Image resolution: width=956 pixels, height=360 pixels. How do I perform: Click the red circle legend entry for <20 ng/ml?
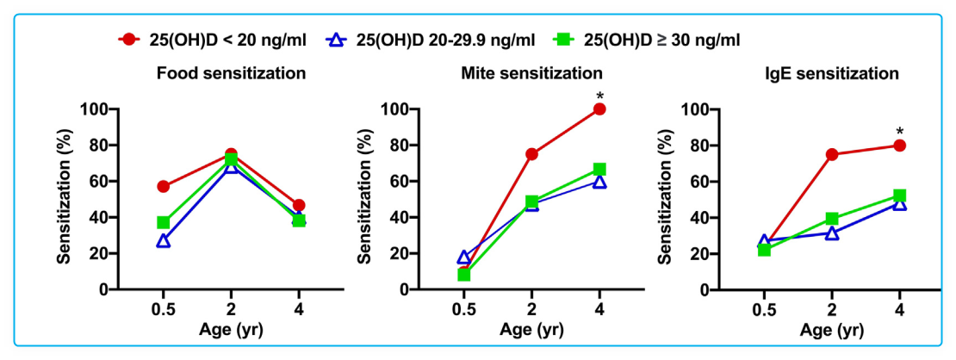coord(130,40)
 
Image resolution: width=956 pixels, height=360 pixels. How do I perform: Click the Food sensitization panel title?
coord(231,73)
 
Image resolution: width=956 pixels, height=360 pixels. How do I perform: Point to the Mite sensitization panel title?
coord(532,73)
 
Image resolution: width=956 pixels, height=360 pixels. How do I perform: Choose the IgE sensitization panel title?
coord(832,73)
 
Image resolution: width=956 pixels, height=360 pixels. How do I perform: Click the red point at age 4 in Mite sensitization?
coord(599,109)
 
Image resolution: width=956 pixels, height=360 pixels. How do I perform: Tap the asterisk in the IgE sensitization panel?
coord(899,132)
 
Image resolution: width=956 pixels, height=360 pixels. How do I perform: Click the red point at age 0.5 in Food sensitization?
coord(163,187)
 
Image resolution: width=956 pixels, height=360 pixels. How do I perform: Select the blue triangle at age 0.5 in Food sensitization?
coord(163,241)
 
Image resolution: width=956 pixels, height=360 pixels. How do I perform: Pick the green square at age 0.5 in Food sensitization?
coord(163,222)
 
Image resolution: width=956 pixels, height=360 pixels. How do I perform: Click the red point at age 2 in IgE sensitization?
coord(831,154)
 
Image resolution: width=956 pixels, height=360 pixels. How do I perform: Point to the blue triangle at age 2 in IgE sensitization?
coord(831,233)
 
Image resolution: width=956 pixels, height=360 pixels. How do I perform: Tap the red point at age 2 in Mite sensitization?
coord(531,154)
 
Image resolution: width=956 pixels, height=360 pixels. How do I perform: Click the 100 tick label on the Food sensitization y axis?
coord(95,109)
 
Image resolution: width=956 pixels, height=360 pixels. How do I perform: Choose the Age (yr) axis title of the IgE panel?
coord(831,329)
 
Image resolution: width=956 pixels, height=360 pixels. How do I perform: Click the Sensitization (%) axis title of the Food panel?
coord(65,200)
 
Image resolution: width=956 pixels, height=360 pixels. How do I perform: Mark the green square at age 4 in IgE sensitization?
coord(899,196)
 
